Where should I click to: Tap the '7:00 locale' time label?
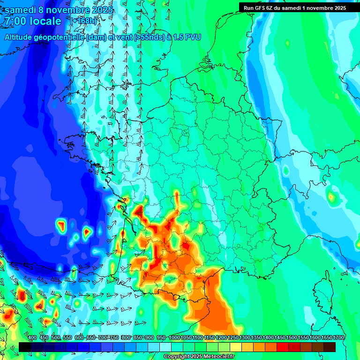(x=33, y=21)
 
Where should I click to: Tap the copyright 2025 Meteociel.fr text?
(x=199, y=357)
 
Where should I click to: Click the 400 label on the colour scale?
(x=32, y=338)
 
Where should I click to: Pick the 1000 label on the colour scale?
(x=174, y=338)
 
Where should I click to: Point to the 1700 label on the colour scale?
(x=338, y=338)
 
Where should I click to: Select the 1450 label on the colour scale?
(x=280, y=338)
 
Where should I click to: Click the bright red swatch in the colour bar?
(x=283, y=347)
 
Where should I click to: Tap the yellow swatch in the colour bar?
(x=236, y=347)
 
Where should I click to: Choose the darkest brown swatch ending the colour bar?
(x=330, y=347)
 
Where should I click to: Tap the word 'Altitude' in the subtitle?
(x=22, y=37)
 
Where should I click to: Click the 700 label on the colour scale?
(x=104, y=338)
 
